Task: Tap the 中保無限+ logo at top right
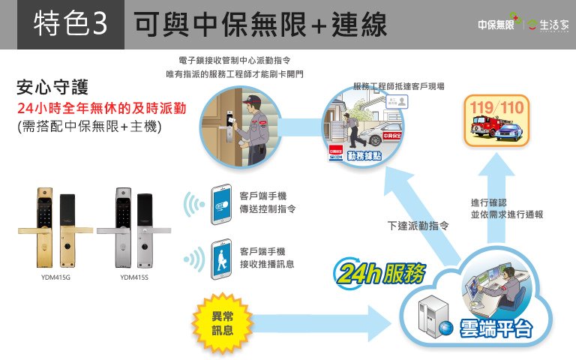pyautogui.click(x=497, y=24)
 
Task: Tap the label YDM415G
pyautogui.click(x=55, y=277)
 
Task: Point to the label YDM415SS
pyautogui.click(x=134, y=277)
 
